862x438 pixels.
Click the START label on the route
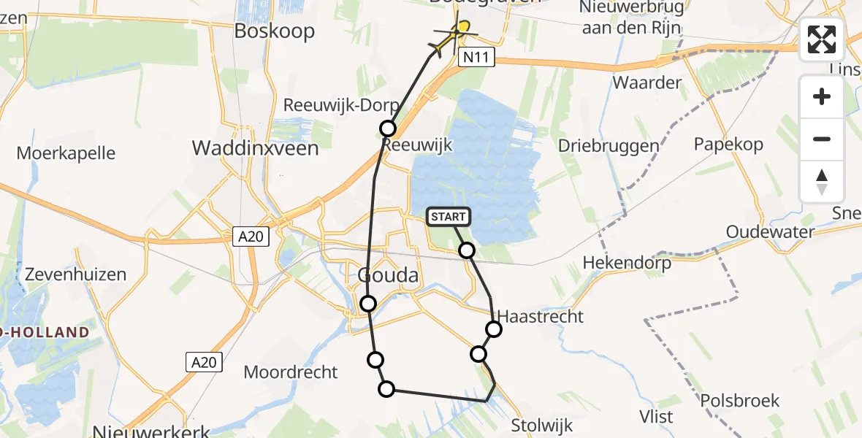point(448,216)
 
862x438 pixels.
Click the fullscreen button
point(822,39)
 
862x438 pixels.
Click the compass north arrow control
point(822,182)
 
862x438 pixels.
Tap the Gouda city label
point(389,275)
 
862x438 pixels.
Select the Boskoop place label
point(274,31)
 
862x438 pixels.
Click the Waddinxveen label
point(255,148)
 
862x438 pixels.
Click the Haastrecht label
point(541,316)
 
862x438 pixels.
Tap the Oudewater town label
point(770,231)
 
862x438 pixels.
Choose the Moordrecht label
point(291,372)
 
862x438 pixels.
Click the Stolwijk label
point(542,425)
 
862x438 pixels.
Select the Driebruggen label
point(609,145)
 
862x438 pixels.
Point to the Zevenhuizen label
point(76,274)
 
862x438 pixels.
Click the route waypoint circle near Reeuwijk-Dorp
point(388,128)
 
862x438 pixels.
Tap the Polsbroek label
point(739,400)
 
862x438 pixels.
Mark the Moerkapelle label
point(66,153)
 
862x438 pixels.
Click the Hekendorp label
point(627,263)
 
